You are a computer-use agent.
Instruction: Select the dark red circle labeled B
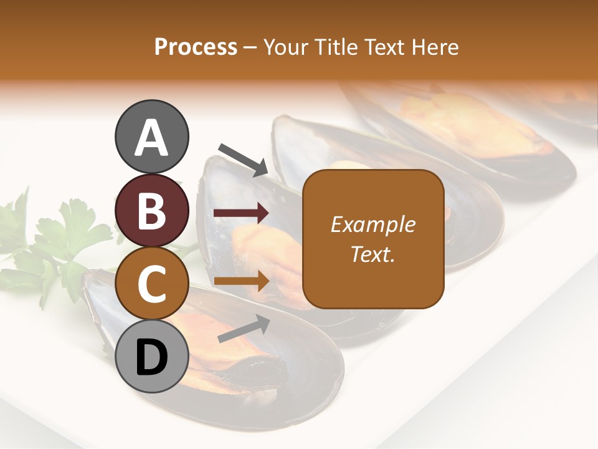pyautogui.click(x=152, y=210)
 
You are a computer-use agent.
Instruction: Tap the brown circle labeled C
pyautogui.click(x=152, y=283)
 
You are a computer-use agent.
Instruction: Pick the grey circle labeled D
pyautogui.click(x=152, y=357)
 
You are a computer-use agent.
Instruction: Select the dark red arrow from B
pyautogui.click(x=241, y=213)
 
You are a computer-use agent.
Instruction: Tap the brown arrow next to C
pyautogui.click(x=241, y=281)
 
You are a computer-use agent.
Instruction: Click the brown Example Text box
pyautogui.click(x=373, y=239)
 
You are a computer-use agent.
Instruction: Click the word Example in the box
pyautogui.click(x=373, y=224)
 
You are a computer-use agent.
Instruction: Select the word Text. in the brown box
pyautogui.click(x=373, y=254)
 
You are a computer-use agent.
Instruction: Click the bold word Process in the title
pyautogui.click(x=196, y=47)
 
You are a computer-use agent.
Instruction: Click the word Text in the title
pyautogui.click(x=386, y=47)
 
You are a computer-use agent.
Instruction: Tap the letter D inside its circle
pyautogui.click(x=152, y=358)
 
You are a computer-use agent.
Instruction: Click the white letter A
pyautogui.click(x=152, y=137)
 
